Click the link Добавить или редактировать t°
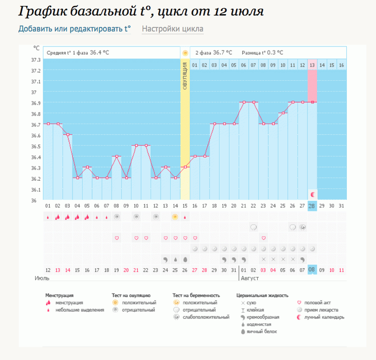click(x=74, y=29)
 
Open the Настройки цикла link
click(x=172, y=29)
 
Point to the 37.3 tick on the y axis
click(x=36, y=60)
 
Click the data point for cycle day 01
click(x=48, y=124)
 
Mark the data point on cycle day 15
click(x=185, y=168)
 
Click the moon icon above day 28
click(x=313, y=194)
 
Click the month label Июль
click(x=42, y=278)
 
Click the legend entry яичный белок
click(x=261, y=331)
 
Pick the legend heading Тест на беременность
click(x=196, y=296)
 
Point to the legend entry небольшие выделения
click(x=80, y=310)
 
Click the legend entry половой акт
click(x=321, y=303)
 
